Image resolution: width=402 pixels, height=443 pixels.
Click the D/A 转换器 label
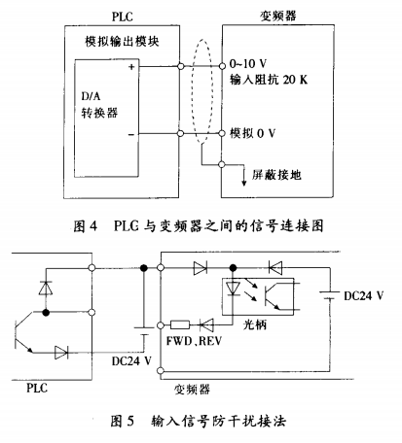coord(99,105)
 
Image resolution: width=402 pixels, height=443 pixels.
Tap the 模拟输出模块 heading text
coord(122,42)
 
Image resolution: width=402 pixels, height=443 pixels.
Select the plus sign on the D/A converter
coord(131,67)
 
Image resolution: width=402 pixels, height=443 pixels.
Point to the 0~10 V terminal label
coord(248,63)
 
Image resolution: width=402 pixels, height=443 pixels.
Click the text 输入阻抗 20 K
coord(269,80)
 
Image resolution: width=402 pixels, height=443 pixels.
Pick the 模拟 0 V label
coord(253,133)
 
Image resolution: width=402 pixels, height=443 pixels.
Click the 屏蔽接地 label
coord(276,175)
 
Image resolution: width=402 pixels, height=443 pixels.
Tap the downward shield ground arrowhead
coord(244,183)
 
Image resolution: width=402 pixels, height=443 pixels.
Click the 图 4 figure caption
coord(199,226)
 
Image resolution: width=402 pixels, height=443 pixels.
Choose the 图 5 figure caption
coord(198,421)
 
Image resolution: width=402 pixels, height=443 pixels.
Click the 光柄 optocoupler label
coord(255,324)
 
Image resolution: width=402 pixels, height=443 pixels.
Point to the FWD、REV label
coord(194,341)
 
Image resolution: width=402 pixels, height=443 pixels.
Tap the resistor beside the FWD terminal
coord(180,324)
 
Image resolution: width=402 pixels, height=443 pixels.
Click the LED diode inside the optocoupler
coord(233,289)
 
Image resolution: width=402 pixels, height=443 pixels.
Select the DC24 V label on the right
coord(363,295)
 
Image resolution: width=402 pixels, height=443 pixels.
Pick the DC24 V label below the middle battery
coord(131,360)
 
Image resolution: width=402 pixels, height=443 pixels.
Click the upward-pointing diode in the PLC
coord(46,288)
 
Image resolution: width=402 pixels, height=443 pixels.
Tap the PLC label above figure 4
coord(123,17)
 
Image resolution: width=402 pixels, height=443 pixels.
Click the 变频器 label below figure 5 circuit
coord(192,390)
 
